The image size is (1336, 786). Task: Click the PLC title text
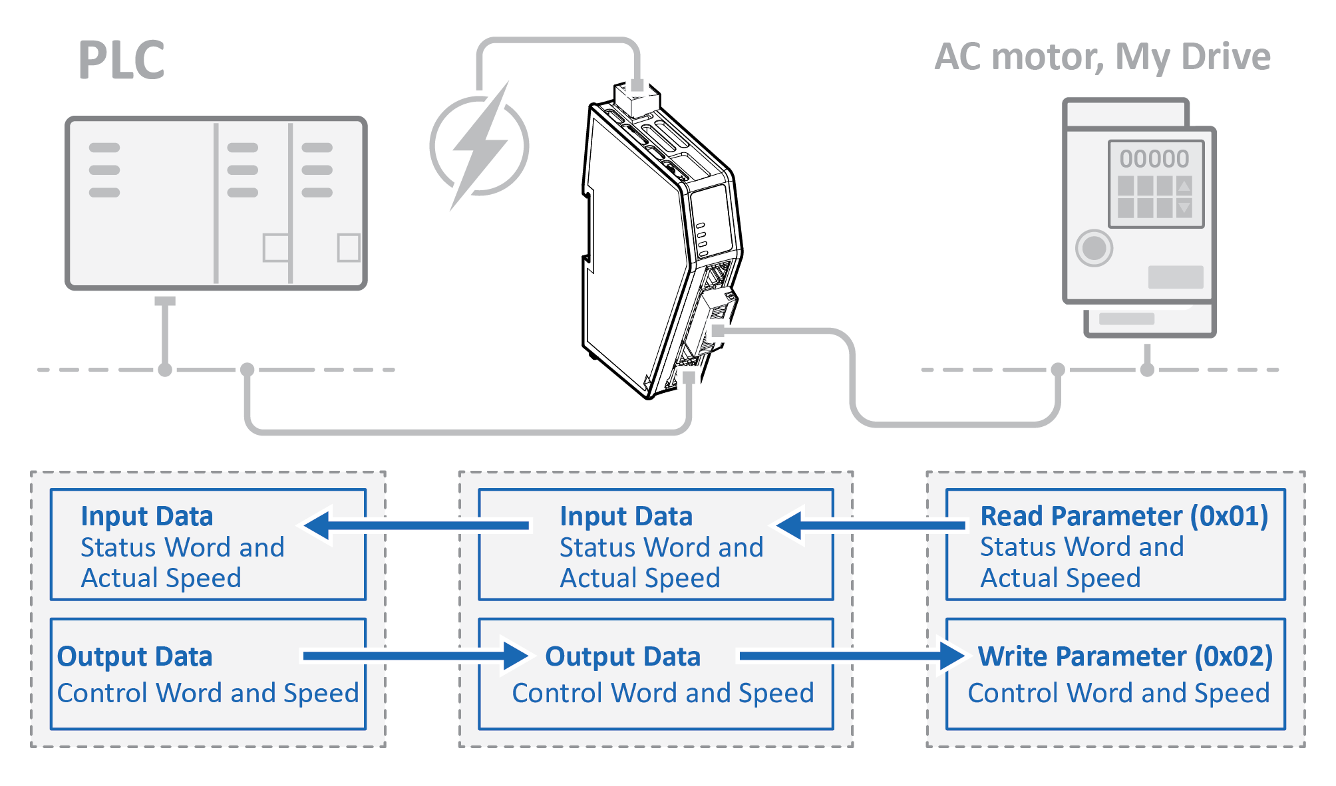tap(121, 60)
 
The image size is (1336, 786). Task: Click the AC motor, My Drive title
tap(1102, 57)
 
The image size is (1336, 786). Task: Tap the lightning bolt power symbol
tap(480, 146)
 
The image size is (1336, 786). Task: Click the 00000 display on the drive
tap(1154, 159)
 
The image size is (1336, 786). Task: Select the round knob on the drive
tap(1094, 248)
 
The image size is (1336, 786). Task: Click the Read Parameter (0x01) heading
tap(1124, 516)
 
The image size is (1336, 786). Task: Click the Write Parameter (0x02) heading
tap(1125, 656)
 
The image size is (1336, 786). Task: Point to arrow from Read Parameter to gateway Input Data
tap(872, 525)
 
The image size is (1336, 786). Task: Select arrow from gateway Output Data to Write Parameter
tap(852, 656)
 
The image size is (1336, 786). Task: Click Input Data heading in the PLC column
tap(146, 517)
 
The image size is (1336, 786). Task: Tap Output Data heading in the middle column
tap(623, 656)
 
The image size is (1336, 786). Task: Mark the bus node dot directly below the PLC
tap(165, 370)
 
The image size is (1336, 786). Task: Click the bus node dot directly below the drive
tap(1147, 370)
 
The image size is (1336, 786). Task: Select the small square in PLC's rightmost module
tap(349, 247)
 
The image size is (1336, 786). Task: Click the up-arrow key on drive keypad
tap(1184, 186)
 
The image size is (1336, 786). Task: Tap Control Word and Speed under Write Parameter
tap(1118, 693)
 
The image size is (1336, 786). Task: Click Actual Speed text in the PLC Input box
tap(161, 578)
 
